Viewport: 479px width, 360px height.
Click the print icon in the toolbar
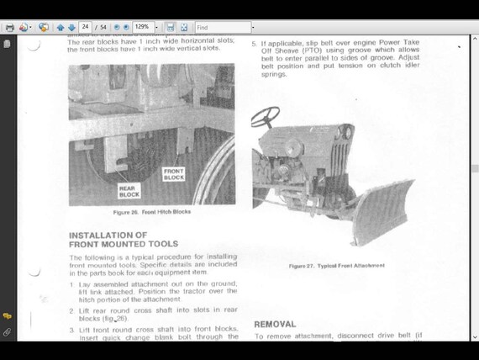pos(9,28)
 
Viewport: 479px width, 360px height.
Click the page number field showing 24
pos(85,28)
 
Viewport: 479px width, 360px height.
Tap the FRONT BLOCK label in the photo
pos(174,174)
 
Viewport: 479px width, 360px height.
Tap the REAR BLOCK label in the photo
pos(129,192)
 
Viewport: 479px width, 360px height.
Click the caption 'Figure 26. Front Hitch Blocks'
pos(153,212)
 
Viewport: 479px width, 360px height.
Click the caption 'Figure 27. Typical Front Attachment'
pos(337,265)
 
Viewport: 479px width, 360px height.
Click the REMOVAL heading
pos(275,324)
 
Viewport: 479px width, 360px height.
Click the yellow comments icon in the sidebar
pos(7,316)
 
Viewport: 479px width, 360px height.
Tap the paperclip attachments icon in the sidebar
pos(7,332)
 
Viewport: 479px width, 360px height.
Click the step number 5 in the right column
pos(254,42)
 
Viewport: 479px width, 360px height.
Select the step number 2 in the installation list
pos(71,310)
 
